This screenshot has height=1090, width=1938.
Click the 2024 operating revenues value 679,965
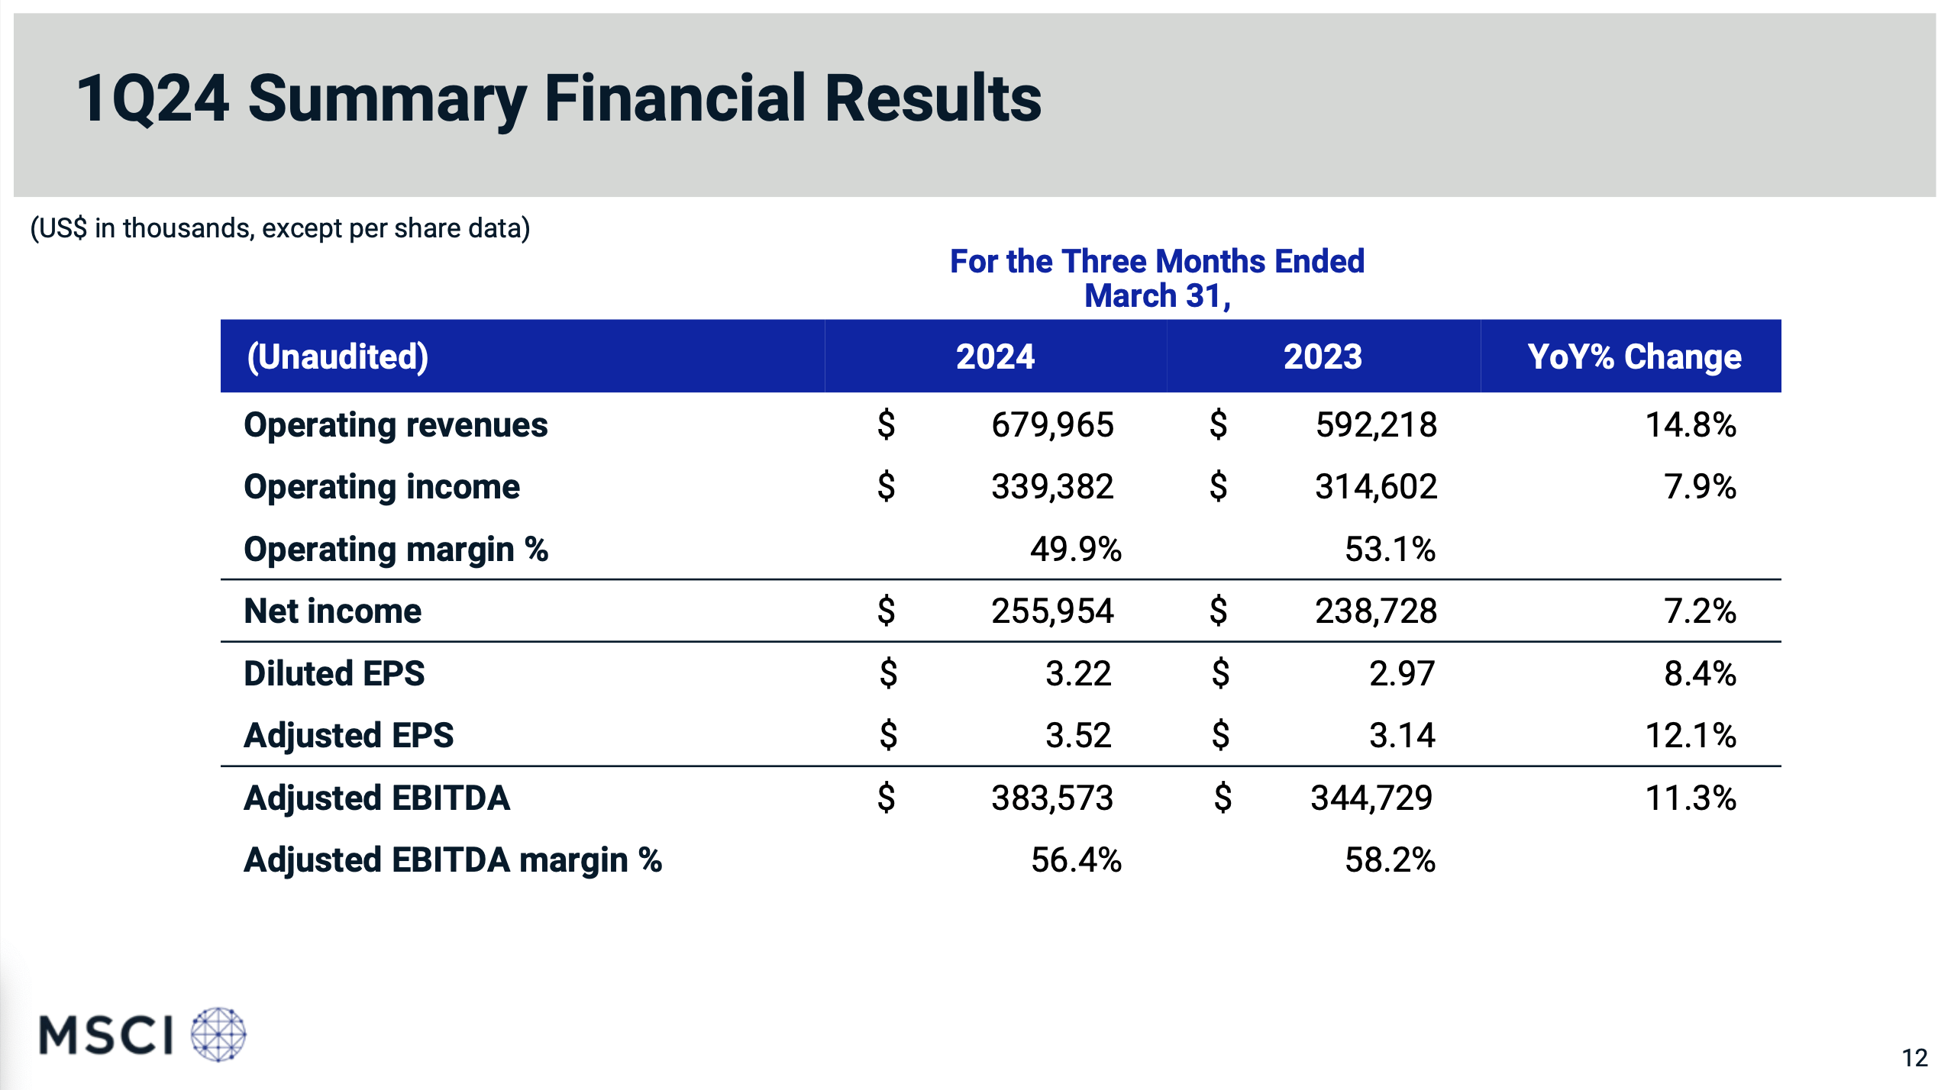pyautogui.click(x=1052, y=425)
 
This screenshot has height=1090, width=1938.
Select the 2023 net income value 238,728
pyautogui.click(x=1376, y=611)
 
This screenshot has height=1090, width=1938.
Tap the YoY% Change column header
pyautogui.click(x=1634, y=356)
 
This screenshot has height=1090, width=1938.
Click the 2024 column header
pyautogui.click(x=995, y=356)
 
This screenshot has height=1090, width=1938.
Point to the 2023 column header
pyautogui.click(x=1323, y=356)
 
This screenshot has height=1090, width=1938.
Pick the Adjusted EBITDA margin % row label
pyautogui.click(x=453, y=860)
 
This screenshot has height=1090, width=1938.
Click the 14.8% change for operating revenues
pyautogui.click(x=1691, y=425)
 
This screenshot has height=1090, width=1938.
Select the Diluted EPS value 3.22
pyautogui.click(x=1077, y=674)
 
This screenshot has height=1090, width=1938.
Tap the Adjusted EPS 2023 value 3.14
pyautogui.click(x=1402, y=736)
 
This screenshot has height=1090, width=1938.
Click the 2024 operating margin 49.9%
pyautogui.click(x=1075, y=550)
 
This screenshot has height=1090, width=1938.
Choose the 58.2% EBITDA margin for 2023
pyautogui.click(x=1390, y=860)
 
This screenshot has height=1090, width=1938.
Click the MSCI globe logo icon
pyautogui.click(x=218, y=1034)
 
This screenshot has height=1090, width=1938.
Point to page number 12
pyautogui.click(x=1914, y=1058)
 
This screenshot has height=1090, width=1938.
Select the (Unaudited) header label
pyautogui.click(x=338, y=356)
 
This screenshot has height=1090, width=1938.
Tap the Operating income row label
pyautogui.click(x=382, y=487)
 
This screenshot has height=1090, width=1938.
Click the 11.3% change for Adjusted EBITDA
pyautogui.click(x=1691, y=798)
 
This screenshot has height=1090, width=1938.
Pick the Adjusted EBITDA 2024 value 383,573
pyautogui.click(x=1052, y=798)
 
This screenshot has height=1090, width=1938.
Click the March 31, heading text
pyautogui.click(x=1157, y=296)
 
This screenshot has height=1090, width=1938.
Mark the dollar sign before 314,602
pyautogui.click(x=1219, y=487)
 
